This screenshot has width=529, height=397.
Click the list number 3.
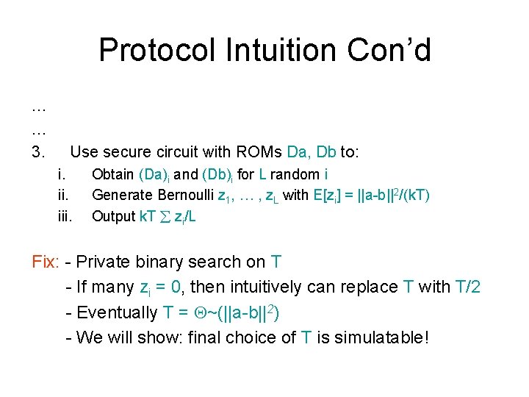pyautogui.click(x=39, y=152)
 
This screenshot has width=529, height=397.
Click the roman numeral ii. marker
pyautogui.click(x=63, y=196)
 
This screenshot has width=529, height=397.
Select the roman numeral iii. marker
pyautogui.click(x=65, y=217)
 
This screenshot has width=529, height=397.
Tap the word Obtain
pyautogui.click(x=112, y=175)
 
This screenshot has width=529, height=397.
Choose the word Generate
pyautogui.click(x=120, y=196)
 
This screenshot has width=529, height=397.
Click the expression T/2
pyautogui.click(x=464, y=287)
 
